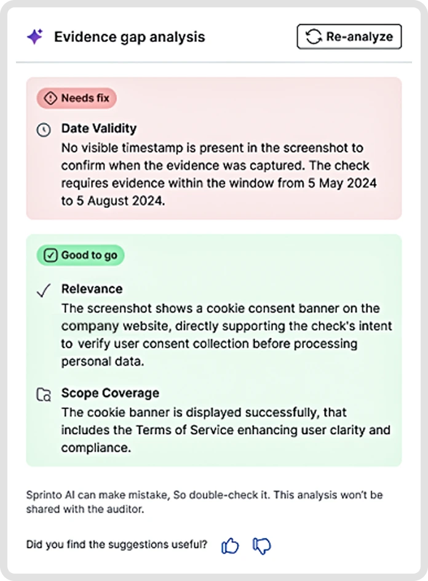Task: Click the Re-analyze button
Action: (349, 37)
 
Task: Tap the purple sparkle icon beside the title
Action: (35, 37)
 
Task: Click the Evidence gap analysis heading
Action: (129, 37)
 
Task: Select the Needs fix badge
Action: (77, 98)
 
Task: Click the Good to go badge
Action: (81, 255)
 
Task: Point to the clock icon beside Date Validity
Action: (43, 130)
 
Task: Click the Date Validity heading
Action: (98, 129)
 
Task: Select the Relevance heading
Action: (92, 289)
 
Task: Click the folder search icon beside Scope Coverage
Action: (43, 395)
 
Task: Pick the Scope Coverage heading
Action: (110, 393)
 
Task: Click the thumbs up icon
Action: (230, 545)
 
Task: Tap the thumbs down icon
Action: (262, 545)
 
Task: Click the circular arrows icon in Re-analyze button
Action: (314, 37)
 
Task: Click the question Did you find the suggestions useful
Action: (117, 545)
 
